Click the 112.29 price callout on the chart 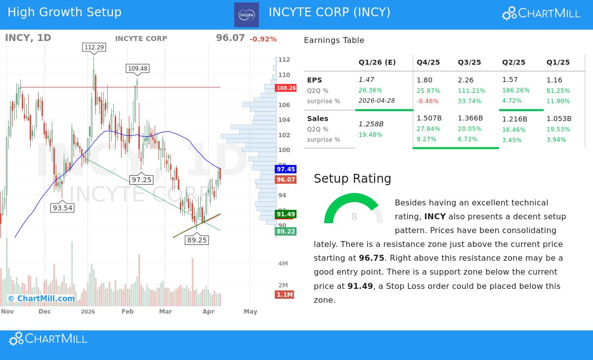click(94, 47)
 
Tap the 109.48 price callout click(137, 69)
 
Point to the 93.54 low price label click(62, 208)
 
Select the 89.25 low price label click(197, 240)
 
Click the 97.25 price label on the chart click(141, 180)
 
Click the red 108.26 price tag click(286, 88)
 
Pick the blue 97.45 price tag click(286, 169)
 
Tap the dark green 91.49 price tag click(286, 214)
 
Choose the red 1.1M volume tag click(285, 295)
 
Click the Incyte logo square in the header click(246, 15)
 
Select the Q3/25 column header click(469, 62)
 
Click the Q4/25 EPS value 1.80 click(424, 80)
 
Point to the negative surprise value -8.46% click(427, 101)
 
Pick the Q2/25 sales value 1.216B click(514, 119)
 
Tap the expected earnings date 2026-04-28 click(377, 101)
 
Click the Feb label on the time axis click(127, 312)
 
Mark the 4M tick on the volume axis click(283, 264)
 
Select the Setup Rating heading click(352, 179)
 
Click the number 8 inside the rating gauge click(354, 217)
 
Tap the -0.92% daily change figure click(263, 39)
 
